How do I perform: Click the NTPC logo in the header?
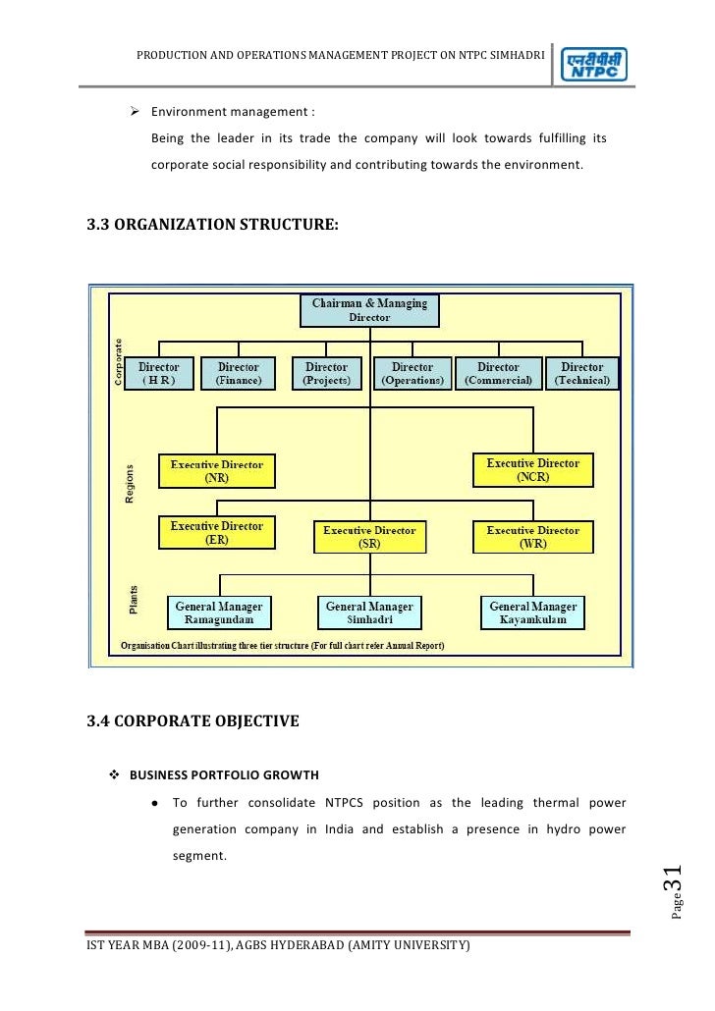click(x=594, y=66)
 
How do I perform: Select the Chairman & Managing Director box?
click(x=369, y=310)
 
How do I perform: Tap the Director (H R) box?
click(x=158, y=374)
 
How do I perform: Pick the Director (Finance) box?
click(x=238, y=374)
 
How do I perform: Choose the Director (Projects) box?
click(x=326, y=374)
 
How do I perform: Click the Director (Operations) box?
click(x=412, y=374)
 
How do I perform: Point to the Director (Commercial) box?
click(x=498, y=374)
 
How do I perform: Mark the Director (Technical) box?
click(x=581, y=374)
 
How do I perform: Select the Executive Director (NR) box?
click(x=217, y=471)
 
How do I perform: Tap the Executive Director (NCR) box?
click(x=533, y=470)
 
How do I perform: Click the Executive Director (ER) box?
click(x=217, y=533)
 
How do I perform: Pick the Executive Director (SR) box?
click(x=369, y=537)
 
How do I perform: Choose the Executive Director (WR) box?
click(x=533, y=537)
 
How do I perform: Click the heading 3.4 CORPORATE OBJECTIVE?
click(x=192, y=721)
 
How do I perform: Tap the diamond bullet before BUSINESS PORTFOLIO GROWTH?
click(x=113, y=772)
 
